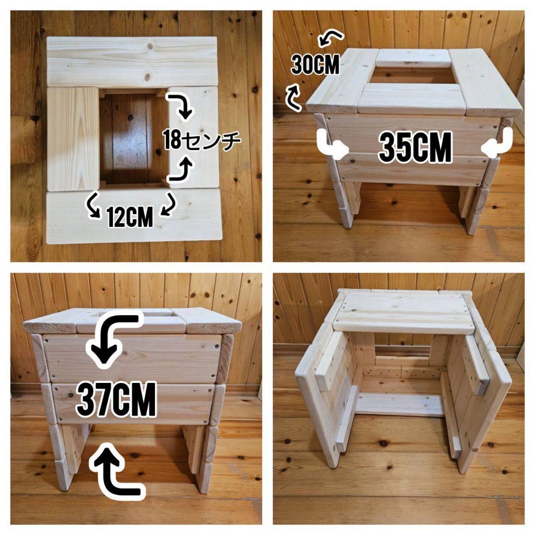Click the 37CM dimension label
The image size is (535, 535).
pyautogui.click(x=116, y=399)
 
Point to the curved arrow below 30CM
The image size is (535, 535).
pyautogui.click(x=293, y=98)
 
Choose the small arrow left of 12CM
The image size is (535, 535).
pyautogui.click(x=94, y=205)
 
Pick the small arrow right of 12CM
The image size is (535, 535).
pyautogui.click(x=168, y=204)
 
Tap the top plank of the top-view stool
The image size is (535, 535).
pyautogui.click(x=132, y=61)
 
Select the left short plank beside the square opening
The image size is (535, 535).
pyautogui.click(x=73, y=139)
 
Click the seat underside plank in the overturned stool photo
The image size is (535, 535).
pyautogui.click(x=404, y=313)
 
